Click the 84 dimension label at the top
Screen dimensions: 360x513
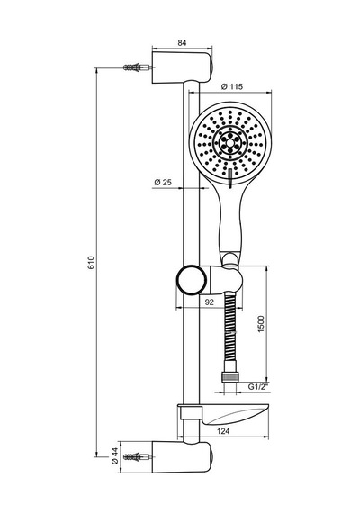(182, 43)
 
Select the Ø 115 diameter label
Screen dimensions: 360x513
(232, 86)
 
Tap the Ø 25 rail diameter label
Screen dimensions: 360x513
(163, 182)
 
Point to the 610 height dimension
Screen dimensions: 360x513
(91, 263)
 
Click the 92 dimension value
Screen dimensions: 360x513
(209, 302)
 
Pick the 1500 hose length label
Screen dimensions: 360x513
(261, 324)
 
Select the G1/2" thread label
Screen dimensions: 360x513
(258, 387)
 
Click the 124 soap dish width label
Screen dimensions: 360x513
(223, 431)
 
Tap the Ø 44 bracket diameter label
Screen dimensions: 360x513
(114, 456)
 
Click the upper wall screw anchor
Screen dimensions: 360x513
(138, 68)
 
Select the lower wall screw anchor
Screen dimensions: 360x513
(138, 456)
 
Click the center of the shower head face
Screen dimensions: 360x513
(230, 143)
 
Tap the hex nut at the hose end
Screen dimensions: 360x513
(229, 376)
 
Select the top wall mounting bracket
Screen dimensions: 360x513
(182, 67)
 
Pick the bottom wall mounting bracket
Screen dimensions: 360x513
(182, 457)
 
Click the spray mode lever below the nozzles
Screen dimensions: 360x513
(230, 178)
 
